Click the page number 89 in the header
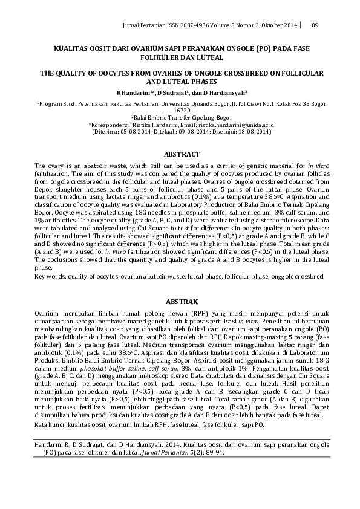pyautogui.click(x=315, y=25)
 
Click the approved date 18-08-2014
pyautogui.click(x=249, y=131)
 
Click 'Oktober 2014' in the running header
pyautogui.click(x=281, y=25)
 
